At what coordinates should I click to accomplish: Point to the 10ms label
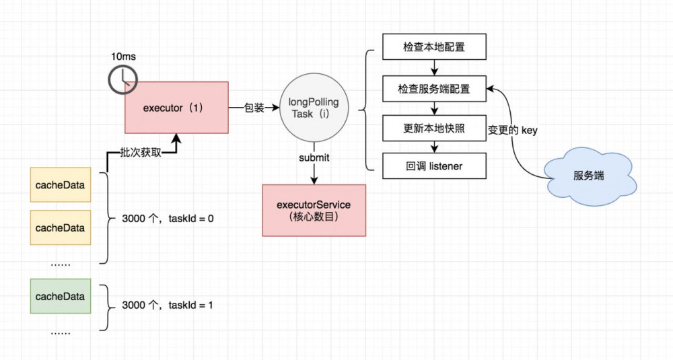pos(123,57)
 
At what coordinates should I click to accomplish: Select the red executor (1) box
pos(176,108)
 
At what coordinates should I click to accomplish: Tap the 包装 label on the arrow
pos(254,108)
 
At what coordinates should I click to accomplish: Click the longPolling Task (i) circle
pos(314,108)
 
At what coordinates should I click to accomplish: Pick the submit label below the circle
pos(314,157)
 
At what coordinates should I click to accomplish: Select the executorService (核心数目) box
pos(314,210)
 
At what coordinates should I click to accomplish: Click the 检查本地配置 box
pos(434,48)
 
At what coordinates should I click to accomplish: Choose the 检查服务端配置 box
pos(434,88)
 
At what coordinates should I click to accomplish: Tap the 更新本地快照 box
pos(434,128)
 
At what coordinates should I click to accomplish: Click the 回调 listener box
pos(434,166)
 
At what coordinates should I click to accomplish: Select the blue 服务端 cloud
pos(588,176)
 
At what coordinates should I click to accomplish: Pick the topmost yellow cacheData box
pos(60,185)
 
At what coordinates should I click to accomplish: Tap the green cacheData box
pos(60,296)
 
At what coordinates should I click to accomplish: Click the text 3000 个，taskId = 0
pos(168,219)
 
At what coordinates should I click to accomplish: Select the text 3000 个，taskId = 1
pos(168,305)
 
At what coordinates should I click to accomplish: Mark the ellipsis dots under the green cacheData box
pos(60,331)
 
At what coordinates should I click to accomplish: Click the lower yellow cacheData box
pos(60,228)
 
